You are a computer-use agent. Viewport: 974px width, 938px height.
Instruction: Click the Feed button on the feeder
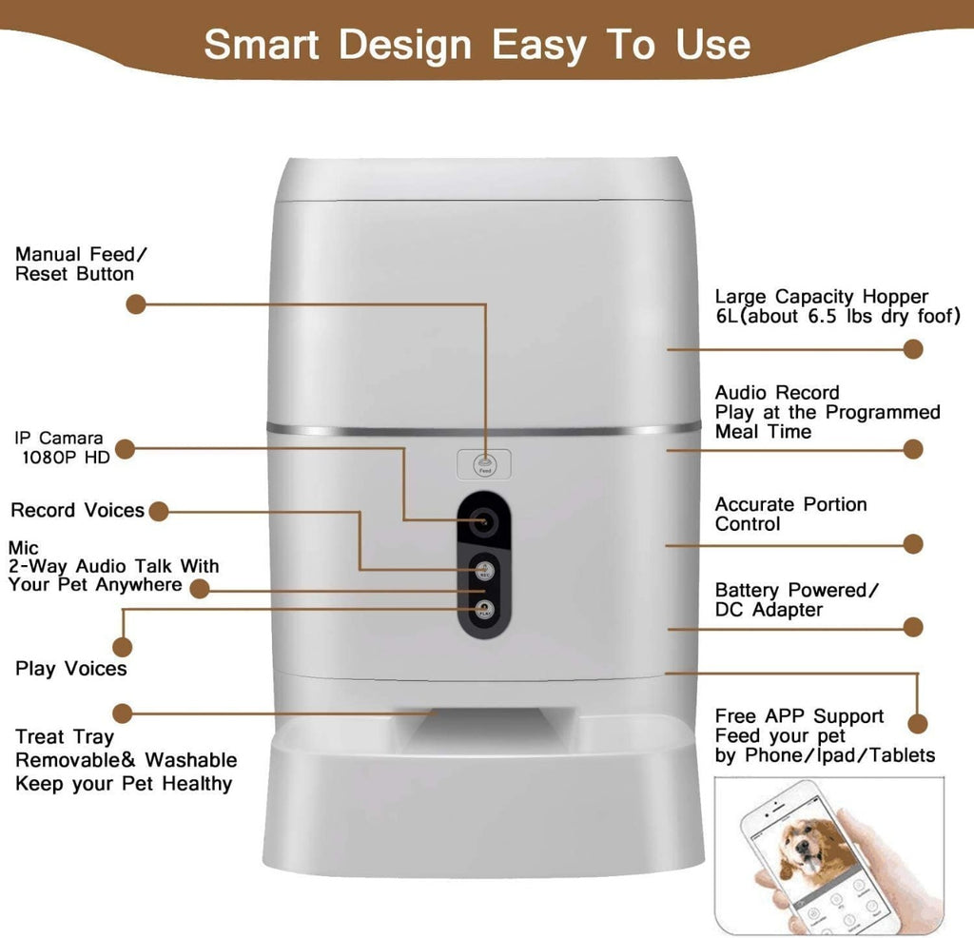pyautogui.click(x=484, y=463)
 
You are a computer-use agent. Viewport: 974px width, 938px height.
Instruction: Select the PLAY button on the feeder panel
pyautogui.click(x=485, y=610)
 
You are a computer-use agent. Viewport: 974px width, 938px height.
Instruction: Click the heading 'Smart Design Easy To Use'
pyautogui.click(x=477, y=44)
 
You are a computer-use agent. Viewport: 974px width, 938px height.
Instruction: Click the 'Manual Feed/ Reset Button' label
pyautogui.click(x=82, y=264)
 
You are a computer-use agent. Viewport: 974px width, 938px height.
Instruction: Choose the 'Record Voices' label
pyautogui.click(x=78, y=511)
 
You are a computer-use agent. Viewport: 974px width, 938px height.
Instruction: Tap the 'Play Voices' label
pyautogui.click(x=70, y=669)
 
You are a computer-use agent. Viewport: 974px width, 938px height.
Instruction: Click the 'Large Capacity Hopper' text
pyautogui.click(x=821, y=297)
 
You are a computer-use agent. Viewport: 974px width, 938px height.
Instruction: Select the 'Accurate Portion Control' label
pyautogui.click(x=790, y=515)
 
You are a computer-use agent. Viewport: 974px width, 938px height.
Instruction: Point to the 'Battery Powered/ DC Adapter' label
pyautogui.click(x=796, y=599)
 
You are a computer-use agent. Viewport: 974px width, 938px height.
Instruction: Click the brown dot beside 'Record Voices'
pyautogui.click(x=159, y=512)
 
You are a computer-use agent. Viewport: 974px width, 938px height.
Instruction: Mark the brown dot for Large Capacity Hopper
pyautogui.click(x=913, y=349)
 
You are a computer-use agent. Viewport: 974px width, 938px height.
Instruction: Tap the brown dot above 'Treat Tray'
pyautogui.click(x=122, y=712)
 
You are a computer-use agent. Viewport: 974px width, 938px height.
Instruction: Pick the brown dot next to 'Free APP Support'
pyautogui.click(x=916, y=723)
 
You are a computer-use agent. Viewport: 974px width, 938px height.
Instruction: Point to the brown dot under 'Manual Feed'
pyautogui.click(x=136, y=304)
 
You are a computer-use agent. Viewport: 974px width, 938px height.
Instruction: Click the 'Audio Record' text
pyautogui.click(x=777, y=393)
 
